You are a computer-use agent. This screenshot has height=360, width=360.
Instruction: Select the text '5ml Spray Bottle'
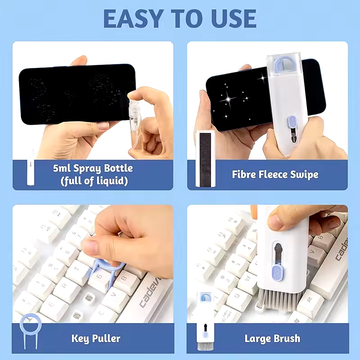(92, 168)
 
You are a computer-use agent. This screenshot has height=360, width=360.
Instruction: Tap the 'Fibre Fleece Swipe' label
(275, 174)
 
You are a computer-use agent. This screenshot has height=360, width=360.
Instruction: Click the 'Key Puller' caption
(95, 338)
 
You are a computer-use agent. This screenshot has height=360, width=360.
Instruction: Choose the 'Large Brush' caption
(272, 338)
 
